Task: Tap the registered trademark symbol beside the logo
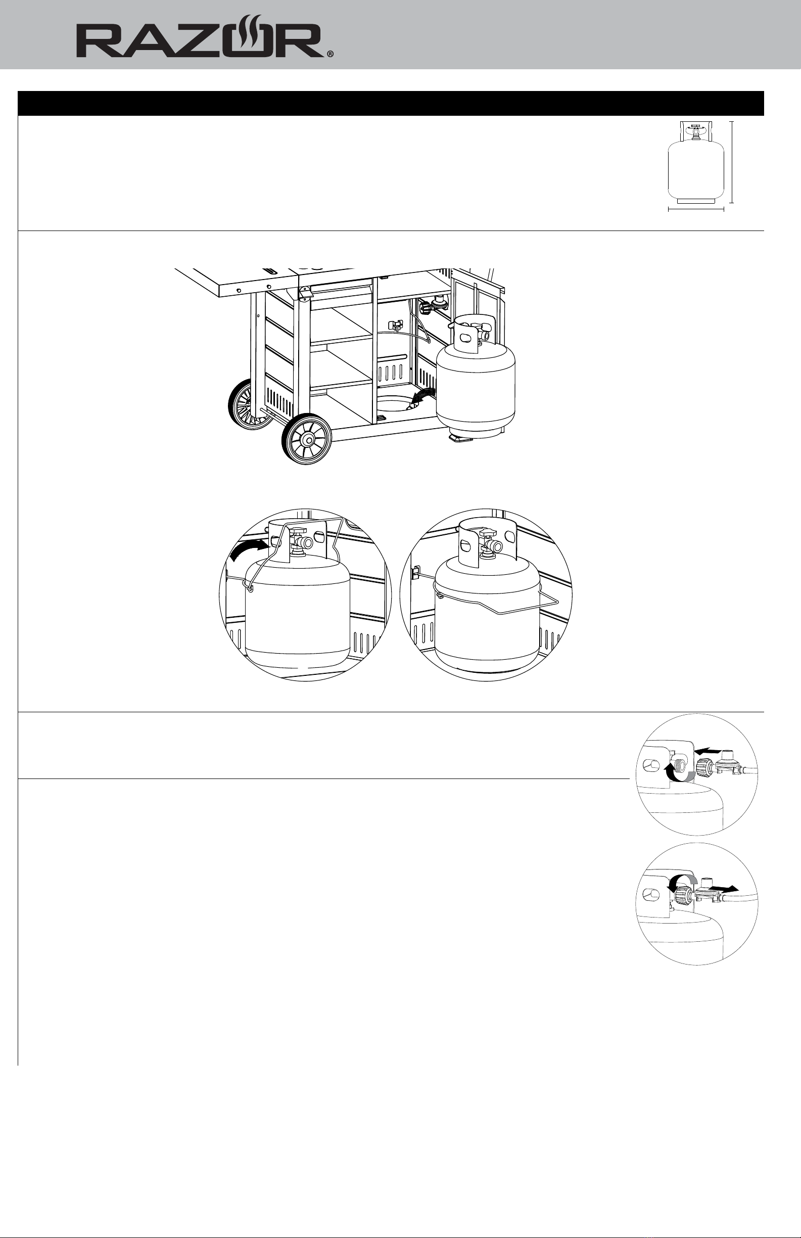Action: (331, 54)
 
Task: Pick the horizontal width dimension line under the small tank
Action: (696, 210)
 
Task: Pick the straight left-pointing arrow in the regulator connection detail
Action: (710, 751)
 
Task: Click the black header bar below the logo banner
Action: (391, 104)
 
